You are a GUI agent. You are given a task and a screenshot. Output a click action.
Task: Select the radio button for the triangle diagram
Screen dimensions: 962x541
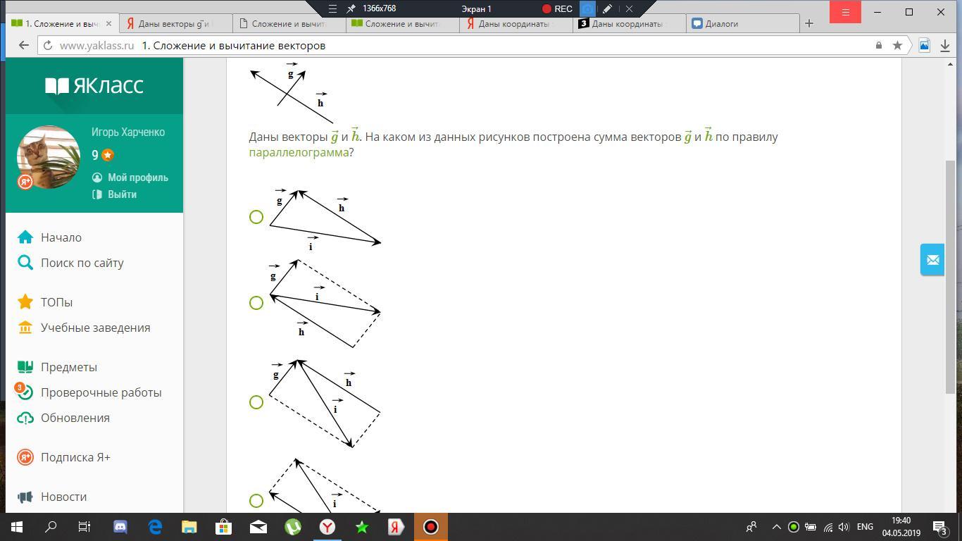tap(256, 217)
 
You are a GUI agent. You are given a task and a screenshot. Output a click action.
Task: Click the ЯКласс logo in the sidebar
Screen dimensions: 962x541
tap(94, 85)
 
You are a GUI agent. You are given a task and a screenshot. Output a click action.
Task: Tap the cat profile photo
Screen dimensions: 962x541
tap(49, 157)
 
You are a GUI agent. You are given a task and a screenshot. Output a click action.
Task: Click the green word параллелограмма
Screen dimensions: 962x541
tap(299, 153)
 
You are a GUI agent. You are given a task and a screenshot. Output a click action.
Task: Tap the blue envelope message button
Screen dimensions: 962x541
tap(932, 259)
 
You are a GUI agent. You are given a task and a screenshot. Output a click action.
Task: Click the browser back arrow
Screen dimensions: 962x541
tap(24, 46)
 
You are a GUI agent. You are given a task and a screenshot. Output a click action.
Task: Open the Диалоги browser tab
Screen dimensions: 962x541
tap(721, 24)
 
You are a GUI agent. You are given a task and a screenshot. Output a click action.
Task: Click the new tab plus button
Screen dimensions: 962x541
tap(809, 24)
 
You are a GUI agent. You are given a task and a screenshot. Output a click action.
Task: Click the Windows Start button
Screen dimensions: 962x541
tap(17, 527)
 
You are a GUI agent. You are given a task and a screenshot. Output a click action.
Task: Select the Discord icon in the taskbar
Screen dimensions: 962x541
tap(120, 527)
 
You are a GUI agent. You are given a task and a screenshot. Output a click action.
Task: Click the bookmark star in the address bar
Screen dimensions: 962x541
tap(897, 46)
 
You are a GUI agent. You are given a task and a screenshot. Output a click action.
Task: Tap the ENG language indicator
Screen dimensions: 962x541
tap(865, 527)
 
